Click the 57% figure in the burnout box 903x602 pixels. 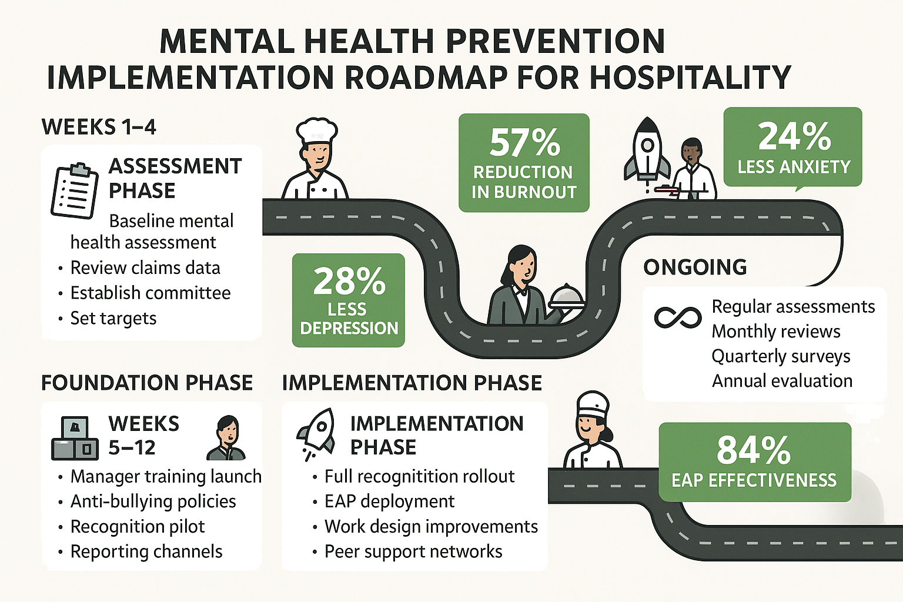click(x=524, y=143)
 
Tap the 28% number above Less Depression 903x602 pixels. click(x=349, y=282)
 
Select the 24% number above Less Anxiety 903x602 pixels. click(x=794, y=137)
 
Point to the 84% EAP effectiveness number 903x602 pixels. click(x=754, y=450)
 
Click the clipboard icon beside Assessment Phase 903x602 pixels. click(x=74, y=190)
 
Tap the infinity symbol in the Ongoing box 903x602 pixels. click(x=677, y=318)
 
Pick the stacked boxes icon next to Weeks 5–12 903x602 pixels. click(x=75, y=438)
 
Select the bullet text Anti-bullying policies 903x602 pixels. click(x=153, y=501)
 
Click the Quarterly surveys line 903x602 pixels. click(x=781, y=356)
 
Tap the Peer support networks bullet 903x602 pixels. click(x=413, y=551)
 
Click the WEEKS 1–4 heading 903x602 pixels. click(x=99, y=127)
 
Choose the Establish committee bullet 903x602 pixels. click(x=150, y=293)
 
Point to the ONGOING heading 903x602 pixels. click(x=695, y=267)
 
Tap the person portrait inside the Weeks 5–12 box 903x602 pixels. click(x=226, y=437)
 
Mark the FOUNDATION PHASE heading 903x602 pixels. click(x=147, y=383)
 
